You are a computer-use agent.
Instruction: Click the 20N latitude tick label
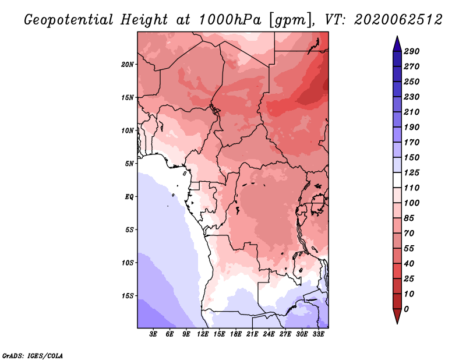pyautogui.click(x=128, y=65)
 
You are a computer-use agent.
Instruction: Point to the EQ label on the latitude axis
pyautogui.click(x=129, y=197)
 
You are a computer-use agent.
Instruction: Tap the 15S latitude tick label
pyautogui.click(x=128, y=296)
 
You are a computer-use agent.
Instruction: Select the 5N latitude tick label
pyautogui.click(x=129, y=164)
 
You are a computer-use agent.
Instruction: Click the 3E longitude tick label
pyautogui.click(x=153, y=334)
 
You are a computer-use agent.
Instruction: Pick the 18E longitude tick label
pyautogui.click(x=236, y=334)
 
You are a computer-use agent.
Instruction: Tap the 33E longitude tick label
pyautogui.click(x=318, y=334)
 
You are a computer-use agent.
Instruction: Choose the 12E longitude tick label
pyautogui.click(x=203, y=334)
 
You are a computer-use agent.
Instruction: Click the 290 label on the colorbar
pyautogui.click(x=412, y=51)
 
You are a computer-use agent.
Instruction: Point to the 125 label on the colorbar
pyautogui.click(x=412, y=172)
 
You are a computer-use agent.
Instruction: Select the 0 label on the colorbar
pyautogui.click(x=406, y=309)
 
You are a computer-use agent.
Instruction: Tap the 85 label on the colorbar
pyautogui.click(x=409, y=218)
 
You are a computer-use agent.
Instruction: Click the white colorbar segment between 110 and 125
pyautogui.click(x=397, y=180)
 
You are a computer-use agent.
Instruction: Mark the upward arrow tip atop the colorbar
pyautogui.click(x=397, y=36)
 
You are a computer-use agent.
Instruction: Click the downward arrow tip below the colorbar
pyautogui.click(x=397, y=323)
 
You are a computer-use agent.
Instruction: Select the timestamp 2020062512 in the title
pyautogui.click(x=398, y=20)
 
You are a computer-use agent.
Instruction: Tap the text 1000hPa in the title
pyautogui.click(x=230, y=20)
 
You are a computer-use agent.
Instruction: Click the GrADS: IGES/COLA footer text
pyautogui.click(x=33, y=356)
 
